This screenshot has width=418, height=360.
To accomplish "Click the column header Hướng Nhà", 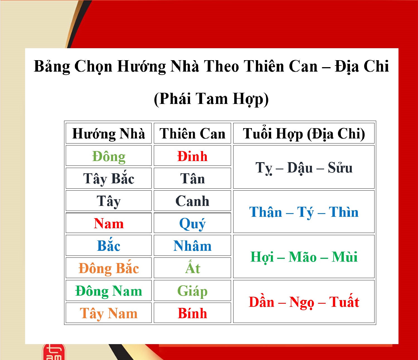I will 108,134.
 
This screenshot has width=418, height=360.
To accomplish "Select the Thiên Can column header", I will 192,134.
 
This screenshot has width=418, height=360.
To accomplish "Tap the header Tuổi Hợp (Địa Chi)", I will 304,134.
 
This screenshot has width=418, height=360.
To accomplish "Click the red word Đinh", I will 192,156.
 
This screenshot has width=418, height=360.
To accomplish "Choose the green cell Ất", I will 192,268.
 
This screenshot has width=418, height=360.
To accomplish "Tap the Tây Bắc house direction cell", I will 108,179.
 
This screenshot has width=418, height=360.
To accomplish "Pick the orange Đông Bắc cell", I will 108,268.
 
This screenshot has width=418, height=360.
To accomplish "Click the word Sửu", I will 340,168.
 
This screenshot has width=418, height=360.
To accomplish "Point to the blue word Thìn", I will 344,212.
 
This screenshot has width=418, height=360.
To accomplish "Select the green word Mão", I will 302,257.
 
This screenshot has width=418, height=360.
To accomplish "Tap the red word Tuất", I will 344,302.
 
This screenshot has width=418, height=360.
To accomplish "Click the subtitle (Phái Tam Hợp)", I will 211,99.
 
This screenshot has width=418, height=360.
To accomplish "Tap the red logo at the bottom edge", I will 54,352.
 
